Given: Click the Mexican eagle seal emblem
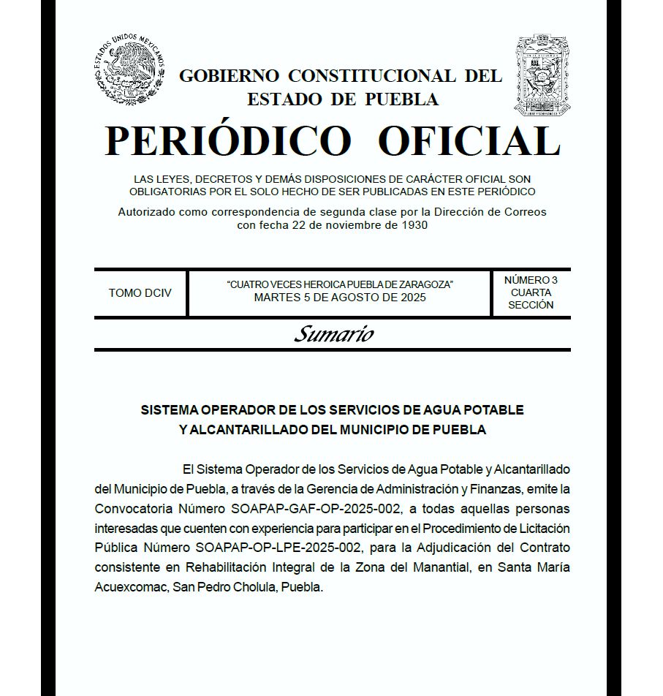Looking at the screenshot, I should tap(129, 72).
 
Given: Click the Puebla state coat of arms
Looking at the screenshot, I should tap(542, 75).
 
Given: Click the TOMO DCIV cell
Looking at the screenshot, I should tap(140, 293).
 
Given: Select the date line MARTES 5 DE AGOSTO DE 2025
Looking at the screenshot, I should tap(340, 298).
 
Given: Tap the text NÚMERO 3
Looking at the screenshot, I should tap(531, 280).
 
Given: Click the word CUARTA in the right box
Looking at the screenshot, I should tap(531, 292).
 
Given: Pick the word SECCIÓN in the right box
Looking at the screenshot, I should tap(531, 305).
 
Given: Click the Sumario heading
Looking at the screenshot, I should tap(333, 334).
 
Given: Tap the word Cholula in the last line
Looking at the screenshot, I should tap(255, 587).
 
